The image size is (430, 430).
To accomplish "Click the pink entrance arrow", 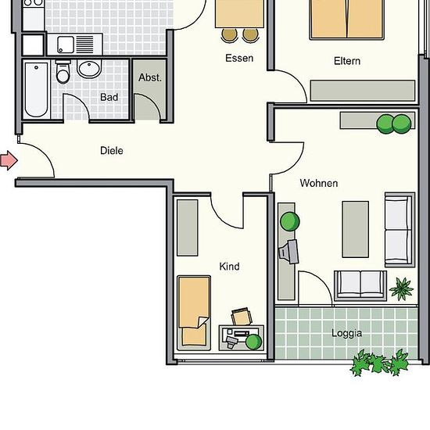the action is [9, 160].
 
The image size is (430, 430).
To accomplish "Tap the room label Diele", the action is [112, 151].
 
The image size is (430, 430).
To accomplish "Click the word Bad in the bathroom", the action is [109, 97].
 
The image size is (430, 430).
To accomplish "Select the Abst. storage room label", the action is [150, 77].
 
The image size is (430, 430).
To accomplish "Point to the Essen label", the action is [239, 58].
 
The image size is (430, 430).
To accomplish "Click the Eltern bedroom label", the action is [347, 61].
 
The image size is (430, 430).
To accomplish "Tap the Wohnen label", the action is [319, 183].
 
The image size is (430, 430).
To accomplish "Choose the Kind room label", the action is [230, 267].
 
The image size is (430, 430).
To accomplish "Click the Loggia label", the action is [346, 333].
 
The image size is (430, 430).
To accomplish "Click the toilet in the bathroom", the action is [63, 72].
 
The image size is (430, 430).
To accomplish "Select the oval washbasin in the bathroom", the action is [89, 68].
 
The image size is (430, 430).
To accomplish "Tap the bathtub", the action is [36, 90].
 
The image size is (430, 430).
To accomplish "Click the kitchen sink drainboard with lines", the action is [84, 44].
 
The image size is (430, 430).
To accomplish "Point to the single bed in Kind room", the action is [194, 313].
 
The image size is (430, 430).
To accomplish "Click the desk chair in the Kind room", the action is [242, 316].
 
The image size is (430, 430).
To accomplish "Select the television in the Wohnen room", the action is [288, 252].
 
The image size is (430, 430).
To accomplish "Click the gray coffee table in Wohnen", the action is [356, 230].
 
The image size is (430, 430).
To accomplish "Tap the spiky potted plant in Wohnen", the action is [402, 288].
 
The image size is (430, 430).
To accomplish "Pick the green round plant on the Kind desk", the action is [253, 342].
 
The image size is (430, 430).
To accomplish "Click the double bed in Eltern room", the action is [347, 20].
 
